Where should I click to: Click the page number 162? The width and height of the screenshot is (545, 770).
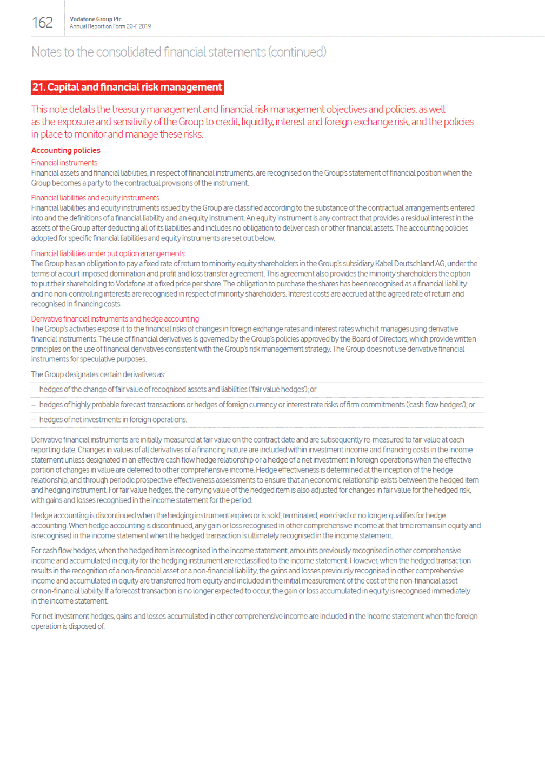(x=42, y=23)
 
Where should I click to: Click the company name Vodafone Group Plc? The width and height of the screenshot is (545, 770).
(x=96, y=19)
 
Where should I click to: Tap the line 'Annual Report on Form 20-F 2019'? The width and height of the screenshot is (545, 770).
(x=110, y=26)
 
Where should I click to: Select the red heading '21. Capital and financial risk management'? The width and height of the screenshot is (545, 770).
(x=127, y=87)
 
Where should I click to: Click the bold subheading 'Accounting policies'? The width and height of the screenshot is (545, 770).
(x=65, y=150)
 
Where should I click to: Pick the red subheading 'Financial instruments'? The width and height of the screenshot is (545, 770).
(x=64, y=163)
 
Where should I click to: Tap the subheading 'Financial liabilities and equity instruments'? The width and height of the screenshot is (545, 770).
(x=95, y=198)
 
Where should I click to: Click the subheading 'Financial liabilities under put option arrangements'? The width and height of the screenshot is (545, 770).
(x=108, y=253)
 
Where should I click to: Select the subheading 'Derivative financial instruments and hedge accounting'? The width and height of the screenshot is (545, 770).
(x=115, y=319)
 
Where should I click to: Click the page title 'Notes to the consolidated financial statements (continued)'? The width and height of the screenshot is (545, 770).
(x=178, y=52)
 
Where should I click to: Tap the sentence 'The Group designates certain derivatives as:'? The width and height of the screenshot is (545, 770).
(x=98, y=374)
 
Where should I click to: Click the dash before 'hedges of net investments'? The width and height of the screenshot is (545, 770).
(x=34, y=420)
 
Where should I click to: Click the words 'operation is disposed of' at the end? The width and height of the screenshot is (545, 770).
(x=68, y=626)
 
